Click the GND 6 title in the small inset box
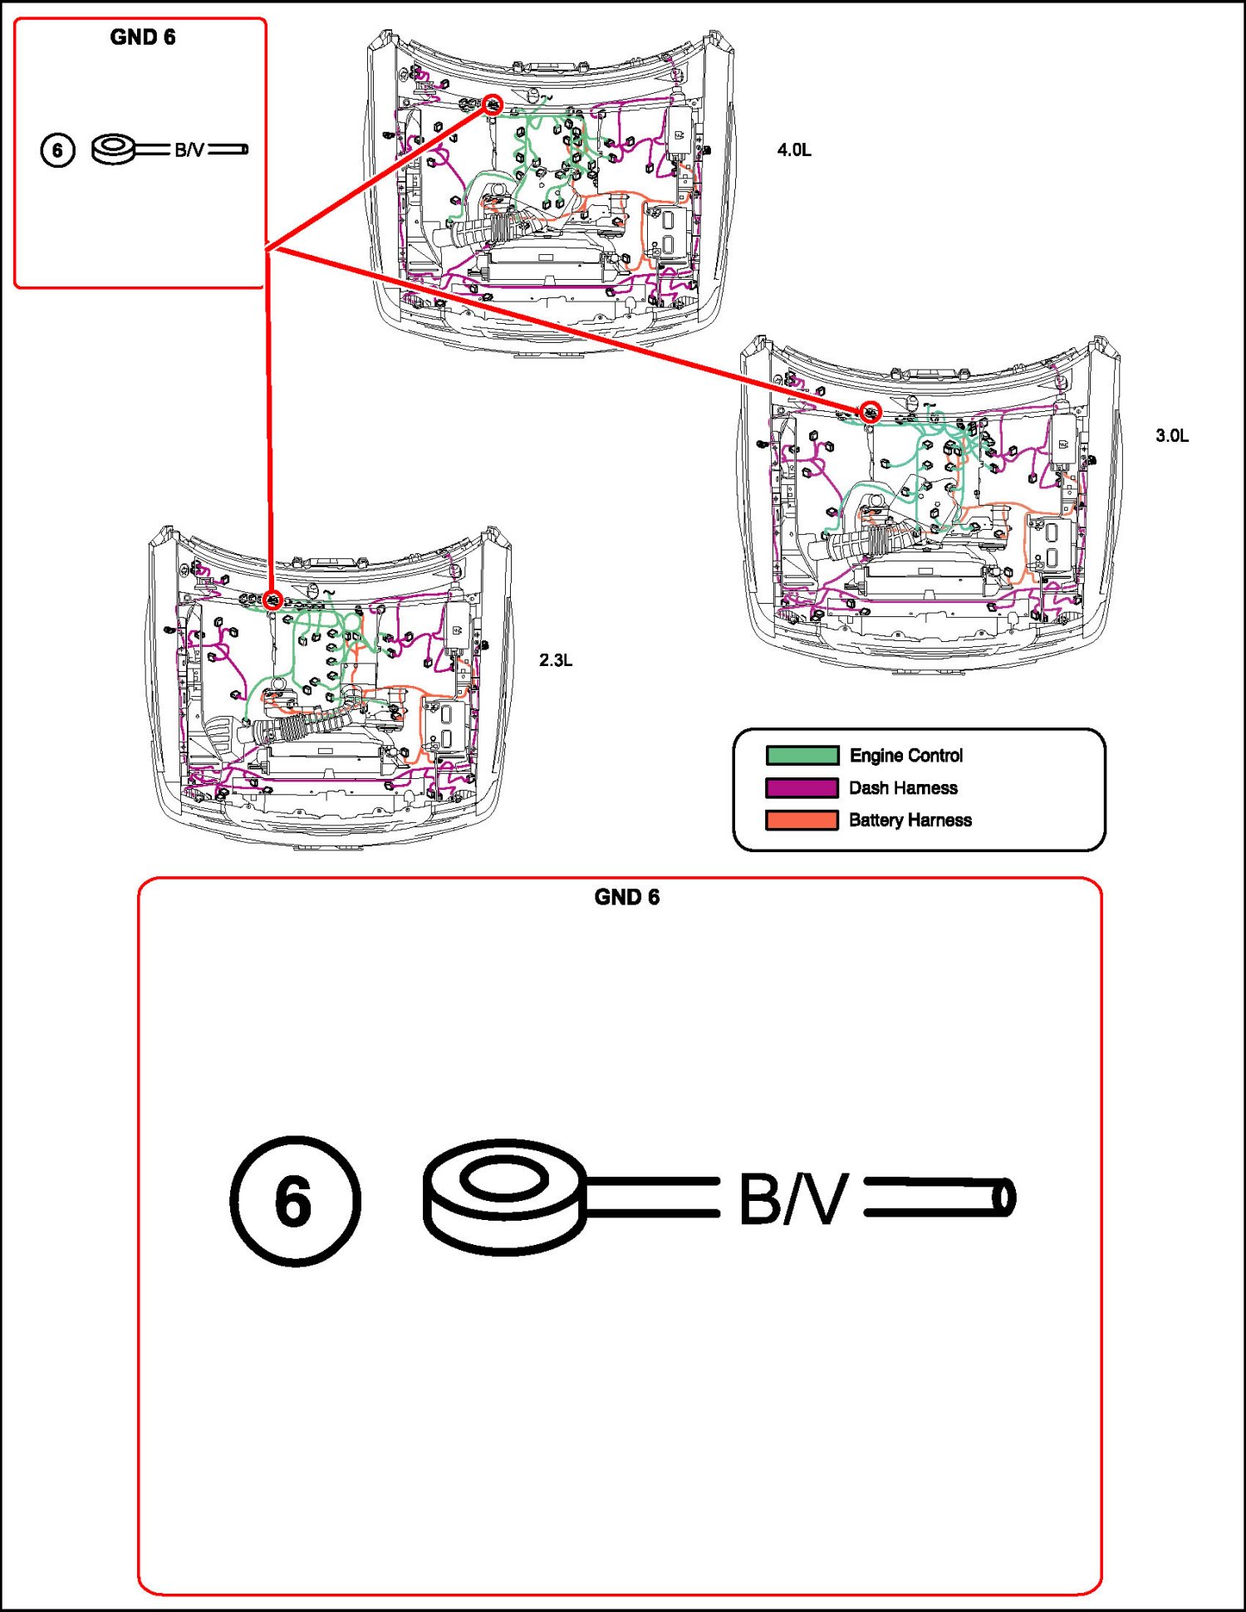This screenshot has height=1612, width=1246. coord(142,37)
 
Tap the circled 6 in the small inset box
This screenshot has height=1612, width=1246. coord(57,150)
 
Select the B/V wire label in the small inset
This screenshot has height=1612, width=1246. coord(189,150)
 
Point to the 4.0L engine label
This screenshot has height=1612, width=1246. coord(793,150)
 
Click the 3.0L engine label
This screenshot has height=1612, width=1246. coord(1171,436)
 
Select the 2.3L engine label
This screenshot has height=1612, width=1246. coord(555,660)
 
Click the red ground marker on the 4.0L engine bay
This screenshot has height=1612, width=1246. coord(493,105)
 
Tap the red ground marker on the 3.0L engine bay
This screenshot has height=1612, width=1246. coord(870,412)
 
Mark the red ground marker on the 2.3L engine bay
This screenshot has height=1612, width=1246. coord(272,600)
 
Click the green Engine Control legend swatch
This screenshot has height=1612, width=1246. coord(802,756)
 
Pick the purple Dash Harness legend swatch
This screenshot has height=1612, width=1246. coord(802,788)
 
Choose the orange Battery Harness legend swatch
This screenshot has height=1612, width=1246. coord(802,821)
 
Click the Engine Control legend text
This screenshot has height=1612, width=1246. coord(905,756)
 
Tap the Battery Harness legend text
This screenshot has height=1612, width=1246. coord(910,821)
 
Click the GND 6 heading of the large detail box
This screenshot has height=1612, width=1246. coord(626,898)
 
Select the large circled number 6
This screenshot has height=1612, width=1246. coord(295,1201)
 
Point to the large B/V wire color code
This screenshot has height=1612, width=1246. coord(792,1198)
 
